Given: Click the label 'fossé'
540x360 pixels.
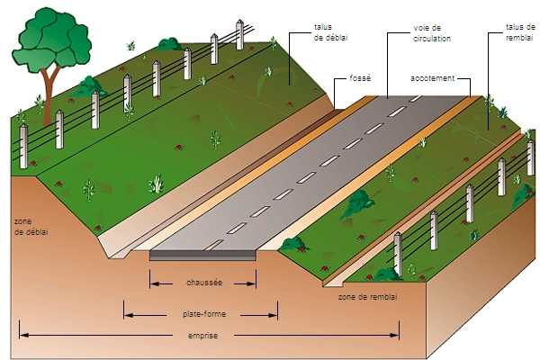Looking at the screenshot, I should click(x=360, y=78).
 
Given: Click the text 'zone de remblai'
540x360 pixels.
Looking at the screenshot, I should click(x=367, y=295).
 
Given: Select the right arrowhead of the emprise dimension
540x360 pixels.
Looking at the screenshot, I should click(x=396, y=336).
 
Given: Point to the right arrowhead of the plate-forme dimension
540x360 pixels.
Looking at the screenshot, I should click(x=274, y=315).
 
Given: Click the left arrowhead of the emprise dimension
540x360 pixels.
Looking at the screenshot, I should click(x=22, y=336).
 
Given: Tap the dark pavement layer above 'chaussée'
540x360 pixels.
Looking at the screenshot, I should click(x=203, y=255).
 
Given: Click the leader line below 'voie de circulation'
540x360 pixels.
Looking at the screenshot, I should click(x=388, y=67).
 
